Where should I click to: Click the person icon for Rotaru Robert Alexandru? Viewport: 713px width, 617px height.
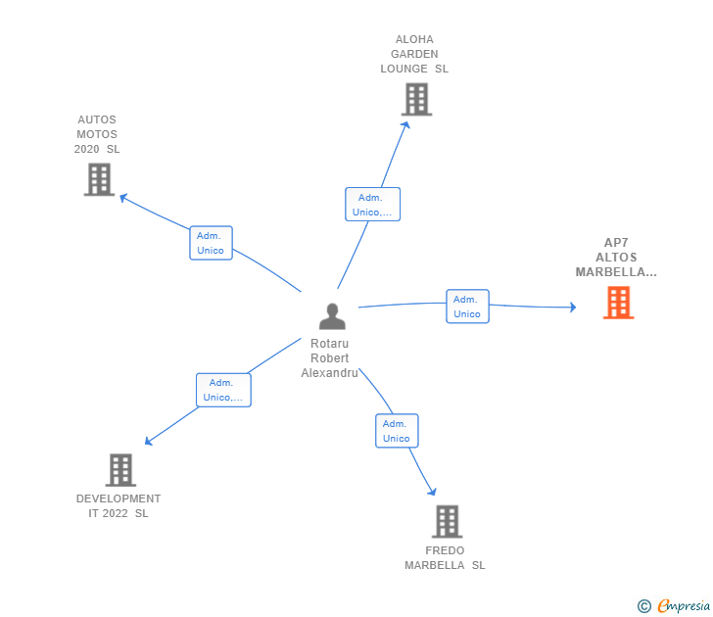tap(332, 316)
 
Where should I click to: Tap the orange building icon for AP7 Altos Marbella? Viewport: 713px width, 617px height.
tap(618, 303)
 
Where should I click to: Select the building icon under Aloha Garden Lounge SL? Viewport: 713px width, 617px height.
tap(416, 99)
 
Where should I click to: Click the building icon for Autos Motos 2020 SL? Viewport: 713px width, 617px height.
tap(99, 179)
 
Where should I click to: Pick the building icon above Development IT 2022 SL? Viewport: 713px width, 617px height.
tap(120, 470)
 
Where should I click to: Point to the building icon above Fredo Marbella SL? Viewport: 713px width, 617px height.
tap(447, 521)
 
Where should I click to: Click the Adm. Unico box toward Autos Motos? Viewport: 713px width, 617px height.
tap(211, 243)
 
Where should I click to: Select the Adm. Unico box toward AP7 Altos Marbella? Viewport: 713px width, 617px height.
tap(467, 307)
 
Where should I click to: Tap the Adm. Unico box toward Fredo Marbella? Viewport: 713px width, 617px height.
tap(397, 431)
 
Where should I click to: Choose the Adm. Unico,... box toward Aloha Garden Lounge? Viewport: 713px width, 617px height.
tap(372, 205)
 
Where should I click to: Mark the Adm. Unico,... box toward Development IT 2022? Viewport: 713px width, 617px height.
tap(223, 390)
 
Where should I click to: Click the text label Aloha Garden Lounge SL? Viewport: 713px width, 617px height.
tap(414, 55)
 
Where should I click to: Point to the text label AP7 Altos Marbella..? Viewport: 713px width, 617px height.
tap(615, 258)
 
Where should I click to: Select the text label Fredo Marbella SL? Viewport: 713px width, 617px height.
tap(445, 558)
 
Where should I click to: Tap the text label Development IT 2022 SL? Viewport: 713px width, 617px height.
tap(119, 506)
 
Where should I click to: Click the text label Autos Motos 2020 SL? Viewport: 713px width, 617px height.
tap(97, 134)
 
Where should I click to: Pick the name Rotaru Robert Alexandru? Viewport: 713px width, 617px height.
tap(329, 358)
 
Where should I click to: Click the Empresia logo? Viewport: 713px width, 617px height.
tap(684, 606)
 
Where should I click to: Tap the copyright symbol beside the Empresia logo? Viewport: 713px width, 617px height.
tap(644, 606)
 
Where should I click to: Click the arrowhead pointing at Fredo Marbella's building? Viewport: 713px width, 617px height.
tap(432, 491)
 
